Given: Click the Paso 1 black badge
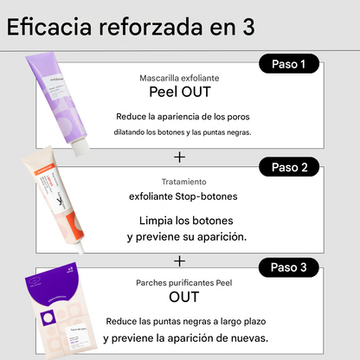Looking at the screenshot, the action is click(289, 63).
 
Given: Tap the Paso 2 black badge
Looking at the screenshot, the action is click(289, 167).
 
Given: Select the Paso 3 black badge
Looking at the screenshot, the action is click(289, 267).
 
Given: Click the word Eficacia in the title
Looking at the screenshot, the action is click(49, 27).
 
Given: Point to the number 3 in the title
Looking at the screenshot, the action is click(248, 28).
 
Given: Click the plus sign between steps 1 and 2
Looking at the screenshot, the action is click(179, 157).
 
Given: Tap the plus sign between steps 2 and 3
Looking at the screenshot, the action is click(179, 261).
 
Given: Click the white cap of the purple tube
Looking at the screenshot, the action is click(80, 146).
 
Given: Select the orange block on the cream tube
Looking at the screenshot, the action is click(74, 225).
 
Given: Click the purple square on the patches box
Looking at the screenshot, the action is click(48, 318).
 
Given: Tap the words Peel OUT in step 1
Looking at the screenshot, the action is click(180, 92).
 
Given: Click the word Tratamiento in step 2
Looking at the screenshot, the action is click(184, 182).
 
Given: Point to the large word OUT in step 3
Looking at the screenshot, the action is click(184, 297).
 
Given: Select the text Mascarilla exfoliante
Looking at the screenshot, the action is click(179, 78).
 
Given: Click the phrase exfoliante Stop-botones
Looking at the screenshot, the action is click(183, 196).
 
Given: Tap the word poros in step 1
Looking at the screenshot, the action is click(238, 117).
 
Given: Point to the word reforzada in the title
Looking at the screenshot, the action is click(151, 27).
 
